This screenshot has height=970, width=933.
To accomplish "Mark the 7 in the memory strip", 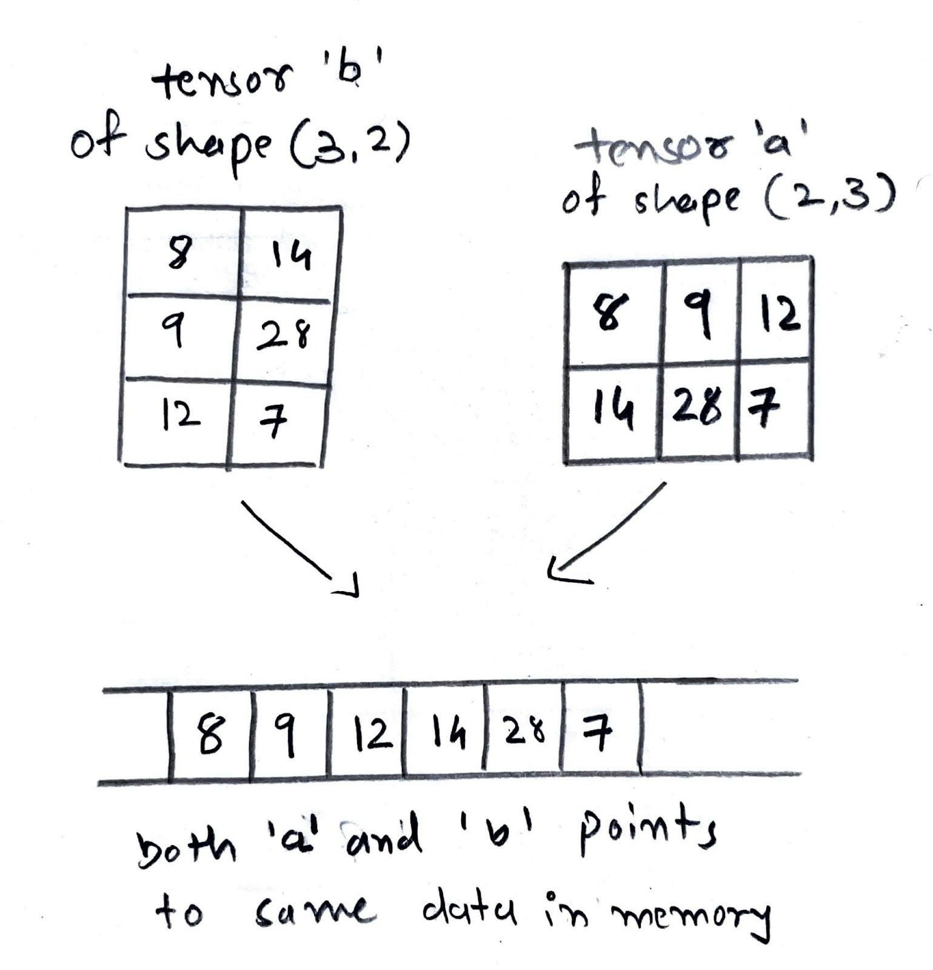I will point(597,733).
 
